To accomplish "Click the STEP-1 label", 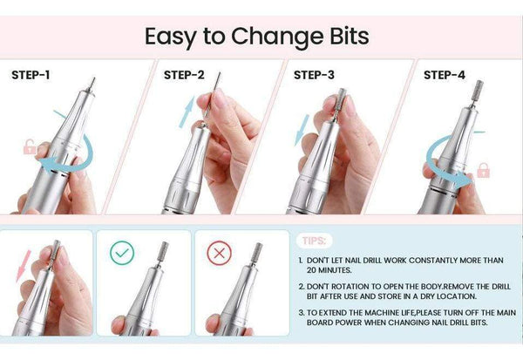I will click(x=31, y=75).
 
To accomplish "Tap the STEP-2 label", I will click(x=184, y=75).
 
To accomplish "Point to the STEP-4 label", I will click(x=444, y=75).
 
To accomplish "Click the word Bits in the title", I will click(x=339, y=37).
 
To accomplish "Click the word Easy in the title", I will click(x=173, y=37).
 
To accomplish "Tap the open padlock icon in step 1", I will click(x=31, y=146).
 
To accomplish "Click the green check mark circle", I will click(x=122, y=254).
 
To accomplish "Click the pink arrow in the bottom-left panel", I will click(x=23, y=259).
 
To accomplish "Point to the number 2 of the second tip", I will click(x=300, y=286).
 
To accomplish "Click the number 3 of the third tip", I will click(x=300, y=311).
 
